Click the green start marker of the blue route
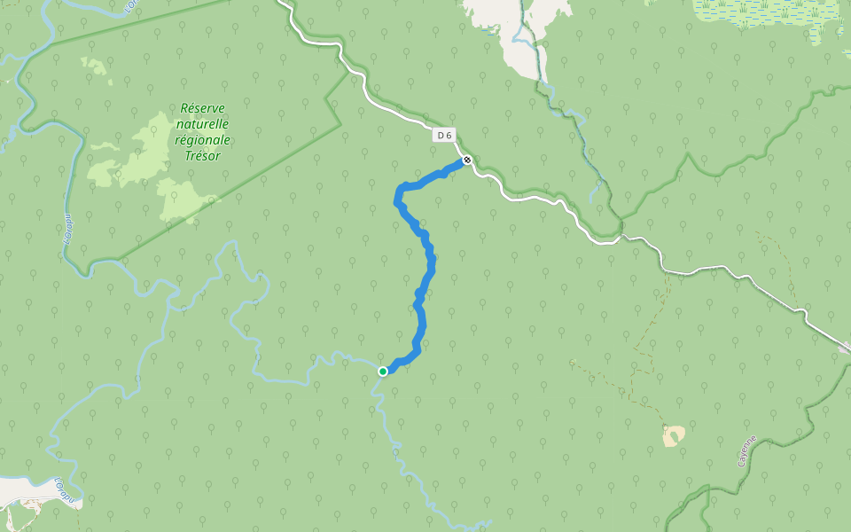point(383,372)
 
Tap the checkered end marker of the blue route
point(467,160)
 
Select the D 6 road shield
point(445,136)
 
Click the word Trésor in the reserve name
point(203,155)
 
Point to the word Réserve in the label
point(203,107)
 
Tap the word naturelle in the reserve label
point(203,123)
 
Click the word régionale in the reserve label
point(203,139)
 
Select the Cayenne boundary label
point(747,451)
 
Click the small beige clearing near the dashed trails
point(674,435)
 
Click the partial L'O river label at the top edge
point(131,6)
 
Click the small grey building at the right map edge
point(844,348)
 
